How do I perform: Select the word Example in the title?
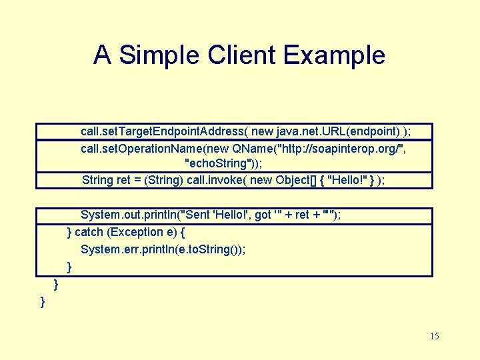click(335, 55)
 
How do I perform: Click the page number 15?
click(435, 336)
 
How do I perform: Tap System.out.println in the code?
click(131, 215)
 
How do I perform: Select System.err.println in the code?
click(129, 249)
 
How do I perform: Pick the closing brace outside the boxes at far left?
click(43, 302)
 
